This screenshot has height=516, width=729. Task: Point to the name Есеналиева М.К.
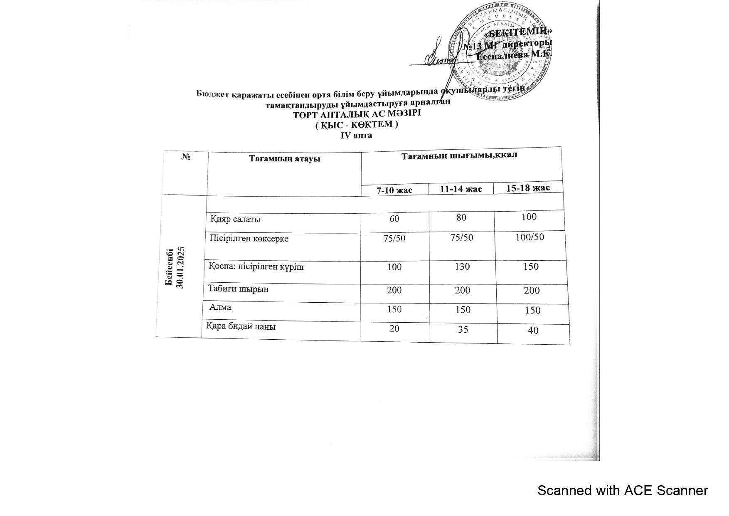coord(514,54)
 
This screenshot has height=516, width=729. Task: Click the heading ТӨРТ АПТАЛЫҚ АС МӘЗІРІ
coord(357,114)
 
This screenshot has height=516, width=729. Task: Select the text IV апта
coord(356,135)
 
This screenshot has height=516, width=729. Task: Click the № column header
coord(186,157)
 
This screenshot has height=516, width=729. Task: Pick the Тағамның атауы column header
coord(285,158)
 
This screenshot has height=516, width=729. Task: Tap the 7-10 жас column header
coord(394,190)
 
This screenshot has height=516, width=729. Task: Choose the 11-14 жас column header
coord(461,189)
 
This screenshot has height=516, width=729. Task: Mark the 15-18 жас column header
coord(528,188)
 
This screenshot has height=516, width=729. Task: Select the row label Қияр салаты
coord(236,219)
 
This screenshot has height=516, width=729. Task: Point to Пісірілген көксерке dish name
coord(249,239)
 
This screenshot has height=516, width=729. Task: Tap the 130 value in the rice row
coord(462,266)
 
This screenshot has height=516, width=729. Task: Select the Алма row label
coord(220,307)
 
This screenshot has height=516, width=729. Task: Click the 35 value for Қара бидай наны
coord(463,329)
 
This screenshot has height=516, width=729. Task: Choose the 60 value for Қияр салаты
coord(394,218)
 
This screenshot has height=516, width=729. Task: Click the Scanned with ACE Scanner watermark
coord(622,491)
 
